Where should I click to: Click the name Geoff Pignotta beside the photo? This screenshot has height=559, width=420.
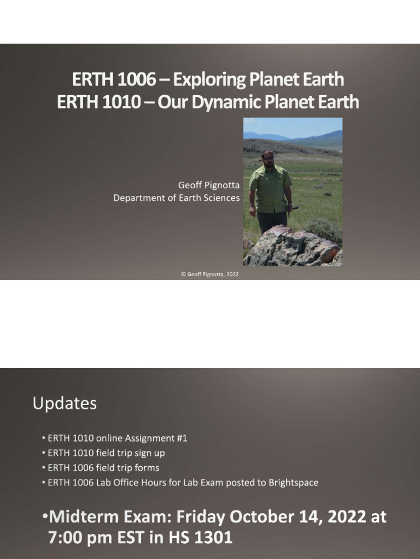coord(209,186)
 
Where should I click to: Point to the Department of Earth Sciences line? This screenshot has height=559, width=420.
coord(176,198)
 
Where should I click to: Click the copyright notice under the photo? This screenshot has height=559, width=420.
coord(210,275)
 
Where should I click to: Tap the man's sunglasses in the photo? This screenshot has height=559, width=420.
coord(268,158)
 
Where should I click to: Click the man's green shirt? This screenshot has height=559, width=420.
coord(270,189)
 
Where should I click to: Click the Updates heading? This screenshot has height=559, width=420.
coord(65,403)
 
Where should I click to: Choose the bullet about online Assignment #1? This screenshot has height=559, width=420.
coord(117,438)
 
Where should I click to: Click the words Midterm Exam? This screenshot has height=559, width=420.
coord(110,517)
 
